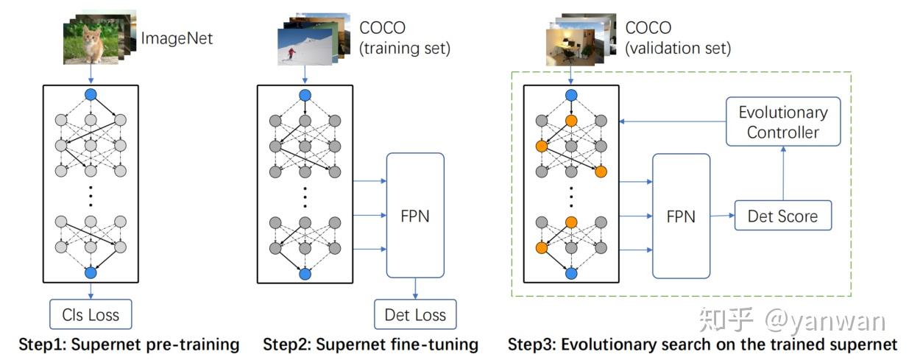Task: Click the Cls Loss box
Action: pos(91,315)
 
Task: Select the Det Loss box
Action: pos(415,315)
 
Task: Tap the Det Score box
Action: pos(782,216)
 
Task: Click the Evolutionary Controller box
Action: pos(783,122)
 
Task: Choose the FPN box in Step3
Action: pos(681,216)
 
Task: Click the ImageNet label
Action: pos(177,38)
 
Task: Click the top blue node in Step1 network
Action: pos(91,94)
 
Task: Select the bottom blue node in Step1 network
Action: pos(91,273)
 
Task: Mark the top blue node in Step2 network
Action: pos(305,94)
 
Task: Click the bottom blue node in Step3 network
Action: pos(570,273)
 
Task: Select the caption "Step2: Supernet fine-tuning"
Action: pos(370,345)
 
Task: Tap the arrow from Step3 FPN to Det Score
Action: pos(722,216)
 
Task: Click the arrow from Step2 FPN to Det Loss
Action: pos(415,288)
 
